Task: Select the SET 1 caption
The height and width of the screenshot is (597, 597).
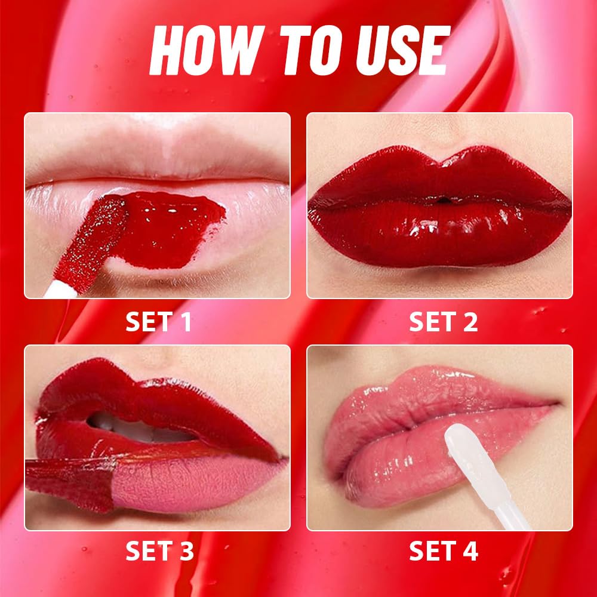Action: (158, 322)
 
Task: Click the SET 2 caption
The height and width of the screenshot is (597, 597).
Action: (443, 322)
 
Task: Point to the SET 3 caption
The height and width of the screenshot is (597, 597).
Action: (159, 551)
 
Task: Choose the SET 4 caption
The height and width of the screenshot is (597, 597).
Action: (443, 551)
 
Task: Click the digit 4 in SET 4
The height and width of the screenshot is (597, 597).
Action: (471, 551)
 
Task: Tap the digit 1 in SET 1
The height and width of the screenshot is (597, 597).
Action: (186, 322)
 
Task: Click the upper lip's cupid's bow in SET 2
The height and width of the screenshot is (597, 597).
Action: (440, 158)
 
